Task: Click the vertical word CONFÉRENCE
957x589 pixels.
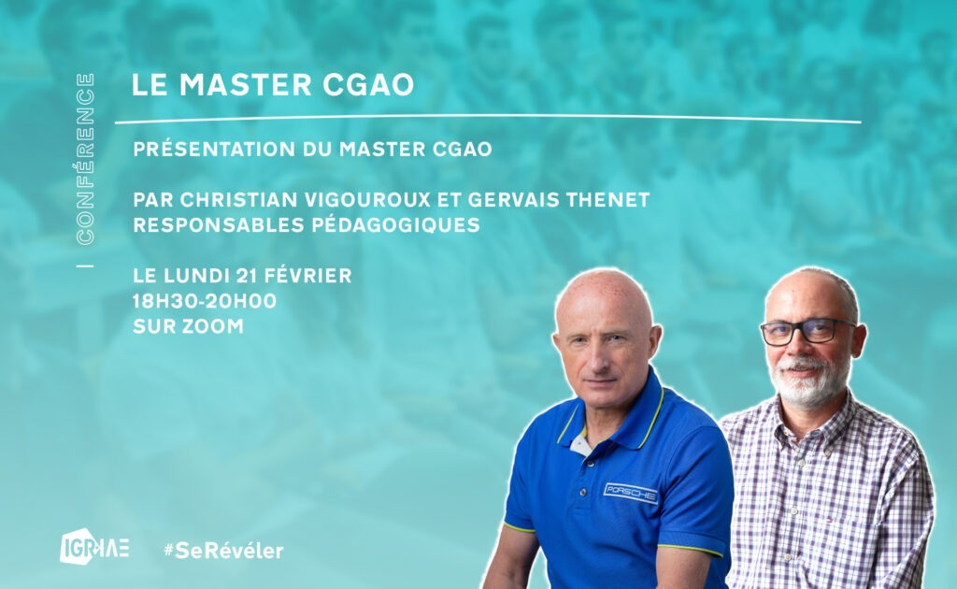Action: point(85,159)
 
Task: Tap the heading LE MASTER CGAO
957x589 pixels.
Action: point(273,84)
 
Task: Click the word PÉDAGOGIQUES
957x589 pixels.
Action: point(395,224)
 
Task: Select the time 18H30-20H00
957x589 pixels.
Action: point(205,301)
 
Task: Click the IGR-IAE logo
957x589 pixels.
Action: point(94,546)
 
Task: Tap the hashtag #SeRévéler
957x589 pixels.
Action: point(224,551)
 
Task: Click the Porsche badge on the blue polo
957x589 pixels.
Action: point(631,494)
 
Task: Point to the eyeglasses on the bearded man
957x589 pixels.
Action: point(807,331)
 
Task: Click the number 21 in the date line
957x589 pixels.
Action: point(245,276)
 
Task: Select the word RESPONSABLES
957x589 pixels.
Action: point(219,225)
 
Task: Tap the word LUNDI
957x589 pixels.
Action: point(195,276)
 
